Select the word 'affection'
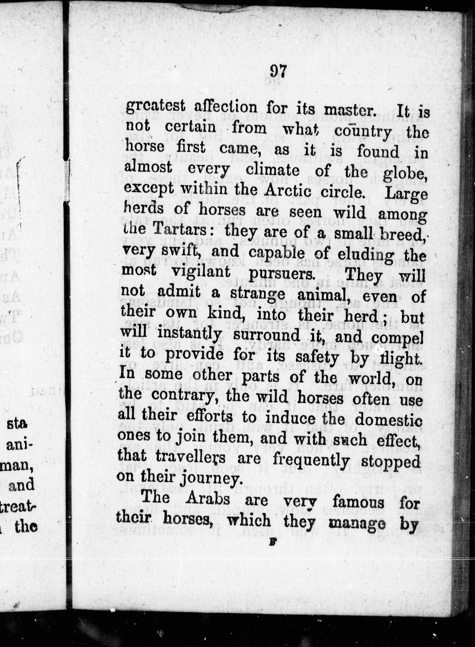click(x=226, y=108)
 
